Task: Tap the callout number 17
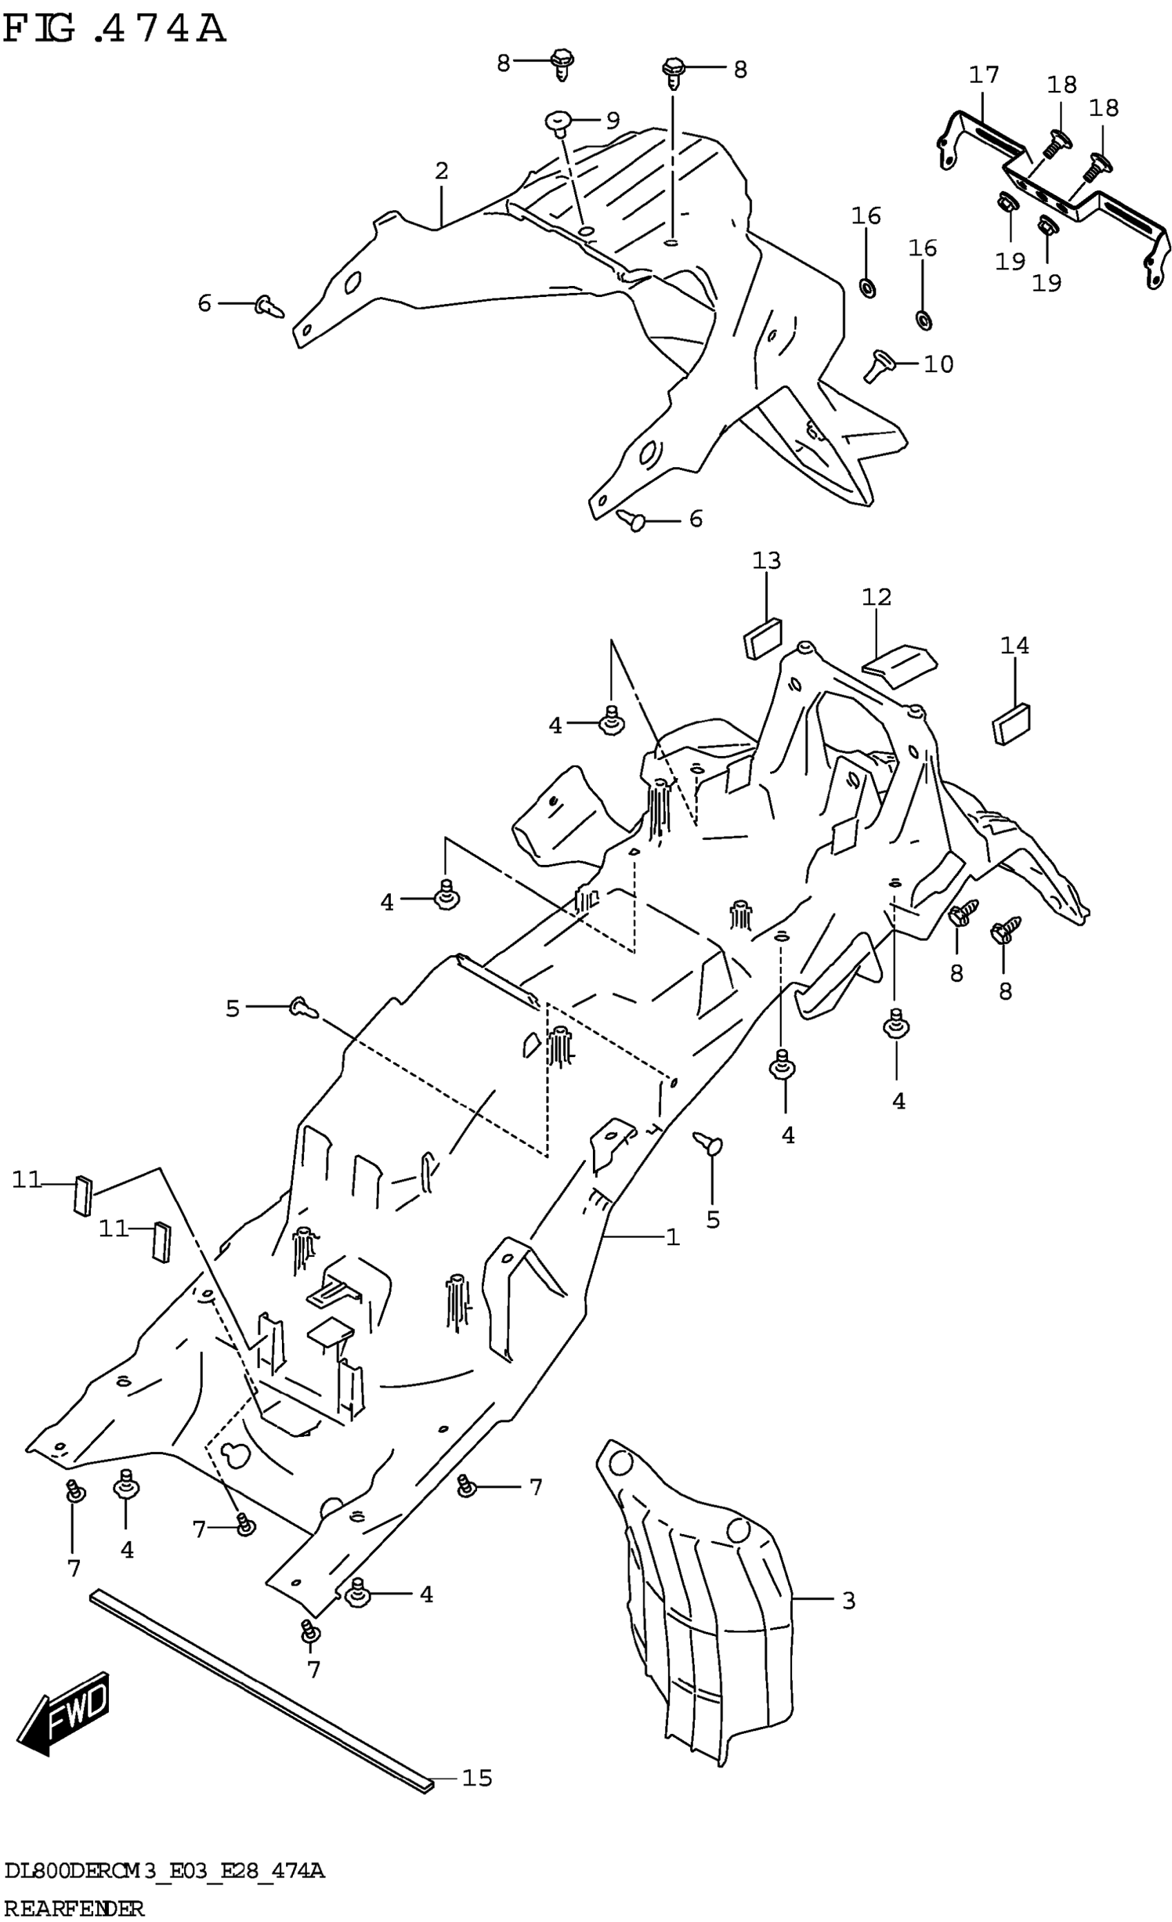983,75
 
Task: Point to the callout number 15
477,1778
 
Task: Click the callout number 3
849,1601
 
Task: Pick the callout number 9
612,120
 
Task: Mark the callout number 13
766,560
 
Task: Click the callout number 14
1014,645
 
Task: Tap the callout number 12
876,597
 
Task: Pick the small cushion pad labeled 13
762,637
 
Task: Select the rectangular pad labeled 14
1011,723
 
